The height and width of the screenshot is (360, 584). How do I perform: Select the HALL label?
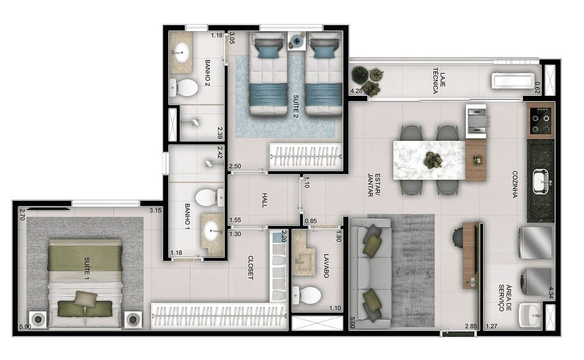[263, 201]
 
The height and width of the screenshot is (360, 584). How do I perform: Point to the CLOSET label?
[250, 267]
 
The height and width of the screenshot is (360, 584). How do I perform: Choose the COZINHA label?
[514, 184]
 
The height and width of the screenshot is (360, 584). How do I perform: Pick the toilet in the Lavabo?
[309, 296]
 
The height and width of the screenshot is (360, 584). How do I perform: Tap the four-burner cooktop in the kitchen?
[540, 120]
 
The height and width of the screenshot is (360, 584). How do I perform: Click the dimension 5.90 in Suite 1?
[25, 327]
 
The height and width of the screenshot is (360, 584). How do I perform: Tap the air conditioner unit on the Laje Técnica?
[514, 80]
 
